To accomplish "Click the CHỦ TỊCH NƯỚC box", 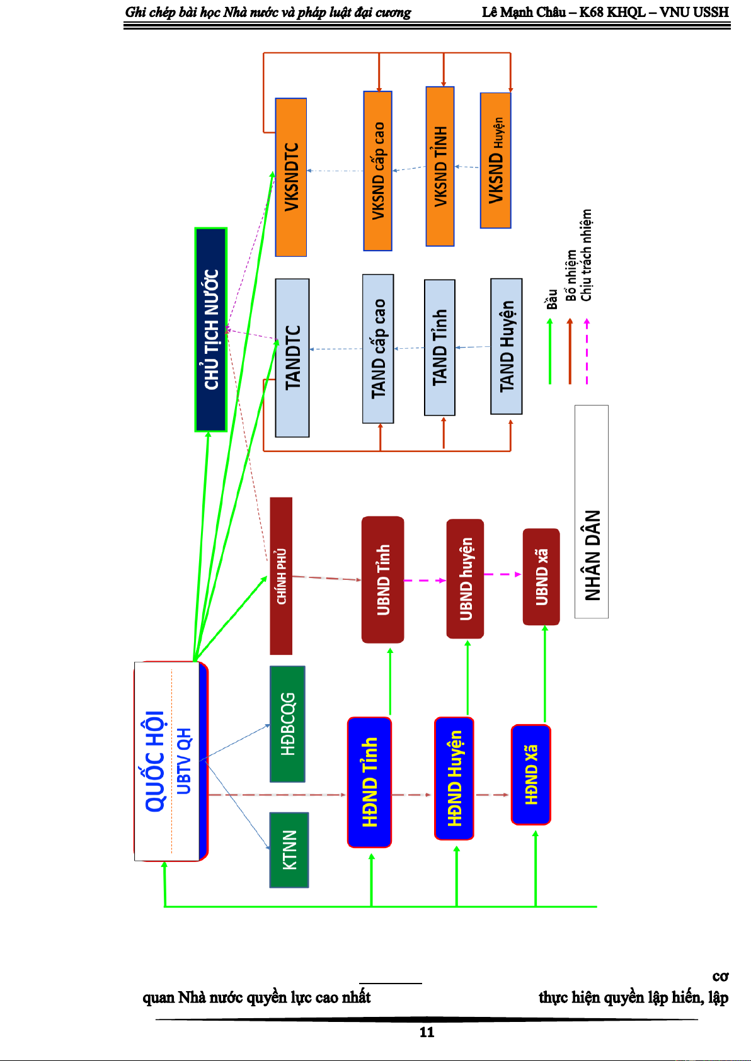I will tap(211, 330).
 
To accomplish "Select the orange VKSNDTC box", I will tap(291, 177).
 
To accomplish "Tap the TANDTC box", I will tap(292, 358).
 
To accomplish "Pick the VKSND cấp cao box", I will tap(378, 171).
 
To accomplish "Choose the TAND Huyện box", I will tap(507, 346).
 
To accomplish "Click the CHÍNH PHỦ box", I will tap(281, 576).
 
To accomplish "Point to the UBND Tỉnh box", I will tap(383, 579).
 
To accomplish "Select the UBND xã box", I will tap(541, 577).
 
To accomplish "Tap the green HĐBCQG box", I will tap(287, 724).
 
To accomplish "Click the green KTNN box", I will tap(289, 850).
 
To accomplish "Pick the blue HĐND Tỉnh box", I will tap(369, 782).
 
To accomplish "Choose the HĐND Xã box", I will tap(531, 774).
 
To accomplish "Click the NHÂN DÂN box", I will tap(592, 511).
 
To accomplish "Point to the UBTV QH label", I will tap(183, 761).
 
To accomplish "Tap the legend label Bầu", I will tap(552, 299).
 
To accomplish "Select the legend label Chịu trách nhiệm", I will tap(587, 255).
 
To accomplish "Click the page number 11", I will tap(427, 1032).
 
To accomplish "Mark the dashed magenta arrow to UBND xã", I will tap(503, 574).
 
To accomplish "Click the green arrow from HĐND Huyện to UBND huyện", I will tap(467, 678).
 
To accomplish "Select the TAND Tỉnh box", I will tap(440, 348).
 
